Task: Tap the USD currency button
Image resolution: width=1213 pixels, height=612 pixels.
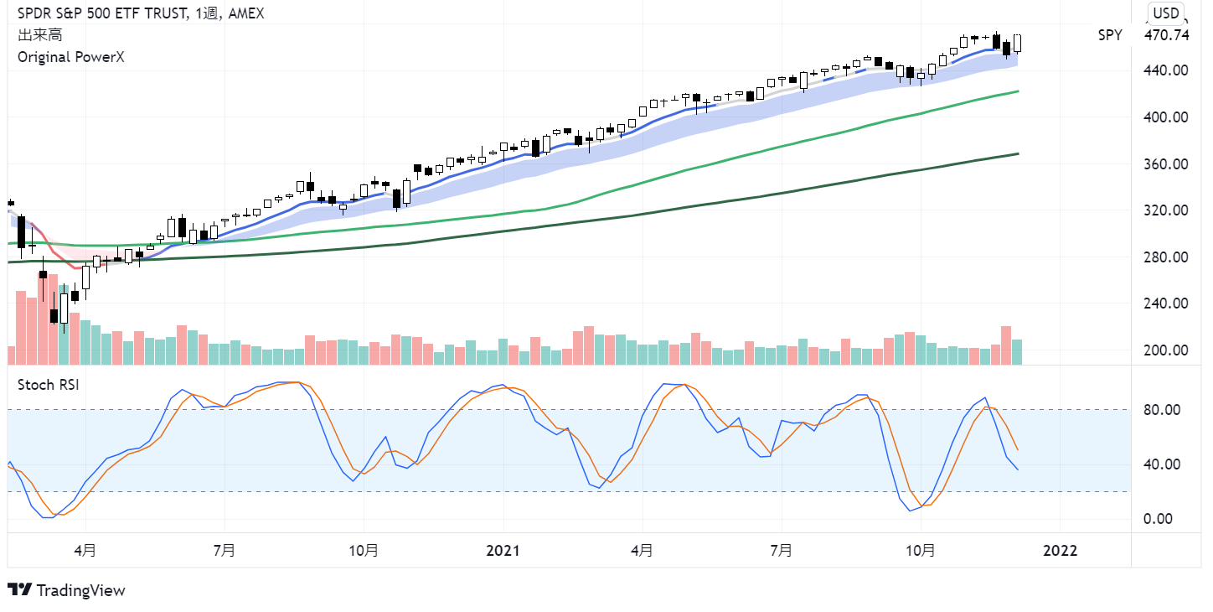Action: [x=1166, y=13]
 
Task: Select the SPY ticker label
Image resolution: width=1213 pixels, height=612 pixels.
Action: [x=1109, y=35]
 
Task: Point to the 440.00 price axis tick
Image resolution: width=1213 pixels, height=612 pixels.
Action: [x=1167, y=70]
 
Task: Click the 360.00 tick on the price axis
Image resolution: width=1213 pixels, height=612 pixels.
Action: [x=1167, y=164]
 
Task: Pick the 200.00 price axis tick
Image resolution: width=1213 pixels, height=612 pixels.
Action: [x=1167, y=350]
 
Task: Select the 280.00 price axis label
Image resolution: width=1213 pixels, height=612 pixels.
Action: [x=1167, y=257]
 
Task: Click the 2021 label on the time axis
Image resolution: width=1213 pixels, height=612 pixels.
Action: [x=503, y=551]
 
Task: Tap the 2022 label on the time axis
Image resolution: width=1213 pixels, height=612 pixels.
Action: [x=1061, y=551]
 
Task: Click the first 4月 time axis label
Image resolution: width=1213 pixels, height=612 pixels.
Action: [x=85, y=551]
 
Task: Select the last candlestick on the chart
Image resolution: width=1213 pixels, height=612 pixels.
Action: [x=1017, y=44]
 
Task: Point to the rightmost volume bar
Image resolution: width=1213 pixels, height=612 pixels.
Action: [x=1017, y=352]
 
